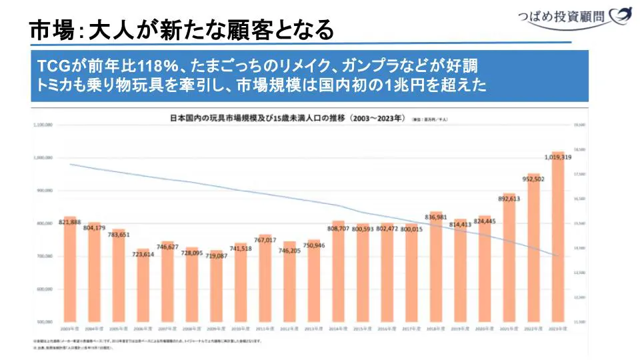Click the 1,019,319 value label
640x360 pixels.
(x=557, y=157)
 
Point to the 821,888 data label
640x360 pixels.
(x=69, y=221)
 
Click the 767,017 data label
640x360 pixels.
(x=265, y=239)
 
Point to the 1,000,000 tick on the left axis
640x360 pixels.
(x=45, y=158)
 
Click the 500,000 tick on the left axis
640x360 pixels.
(x=46, y=322)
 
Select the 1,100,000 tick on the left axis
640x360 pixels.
(x=44, y=125)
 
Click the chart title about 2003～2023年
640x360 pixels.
(x=287, y=119)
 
